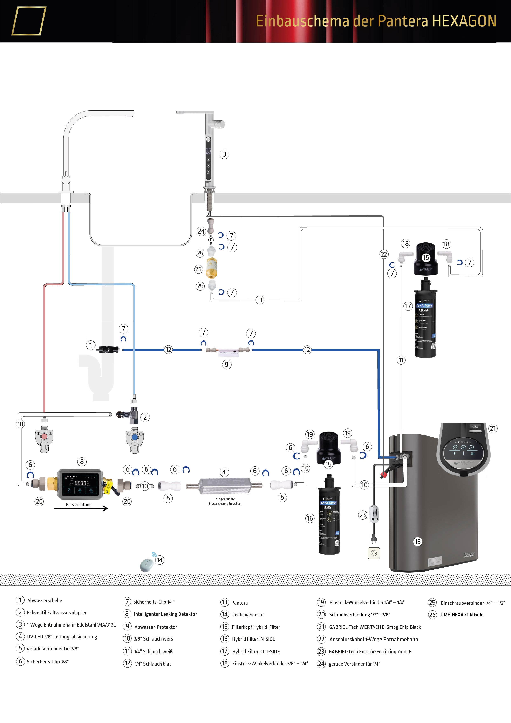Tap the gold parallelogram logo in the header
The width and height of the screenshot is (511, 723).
point(29,21)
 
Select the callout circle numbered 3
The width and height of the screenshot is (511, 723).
point(224,154)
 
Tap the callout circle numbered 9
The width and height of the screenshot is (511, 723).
point(227,365)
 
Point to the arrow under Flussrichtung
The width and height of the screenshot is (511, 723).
point(81,508)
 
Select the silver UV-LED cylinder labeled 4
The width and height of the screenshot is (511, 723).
point(224,485)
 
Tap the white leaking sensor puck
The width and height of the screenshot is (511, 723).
point(147,564)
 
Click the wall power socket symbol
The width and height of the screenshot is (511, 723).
point(374,553)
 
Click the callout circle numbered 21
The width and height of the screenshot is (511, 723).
point(493,428)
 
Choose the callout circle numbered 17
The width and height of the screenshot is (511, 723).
point(408,306)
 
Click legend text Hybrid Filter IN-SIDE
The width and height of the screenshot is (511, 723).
point(253,639)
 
